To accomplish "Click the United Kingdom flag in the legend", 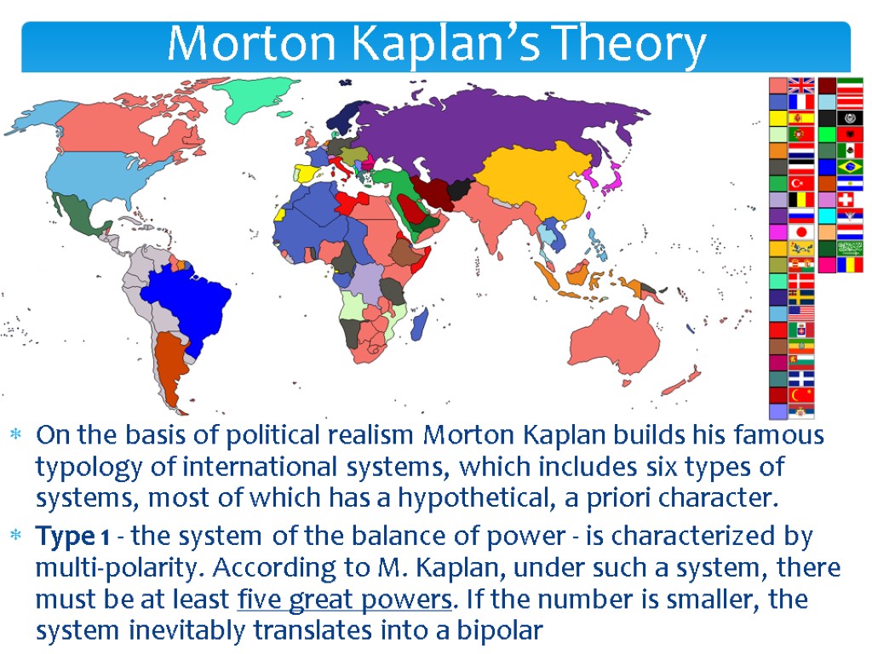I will [x=801, y=85].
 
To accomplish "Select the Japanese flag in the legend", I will [x=801, y=232].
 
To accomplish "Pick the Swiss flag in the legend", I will [x=850, y=198].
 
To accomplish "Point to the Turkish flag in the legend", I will [x=801, y=183].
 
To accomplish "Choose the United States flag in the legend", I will [x=801, y=313].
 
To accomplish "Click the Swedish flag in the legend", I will [x=801, y=296].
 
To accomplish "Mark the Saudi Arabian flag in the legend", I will [x=850, y=248].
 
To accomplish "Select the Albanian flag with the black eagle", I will [x=850, y=134].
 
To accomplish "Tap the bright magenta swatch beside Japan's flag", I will [x=777, y=232].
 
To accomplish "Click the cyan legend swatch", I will [x=826, y=215].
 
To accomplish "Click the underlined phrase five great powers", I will [x=342, y=599].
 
